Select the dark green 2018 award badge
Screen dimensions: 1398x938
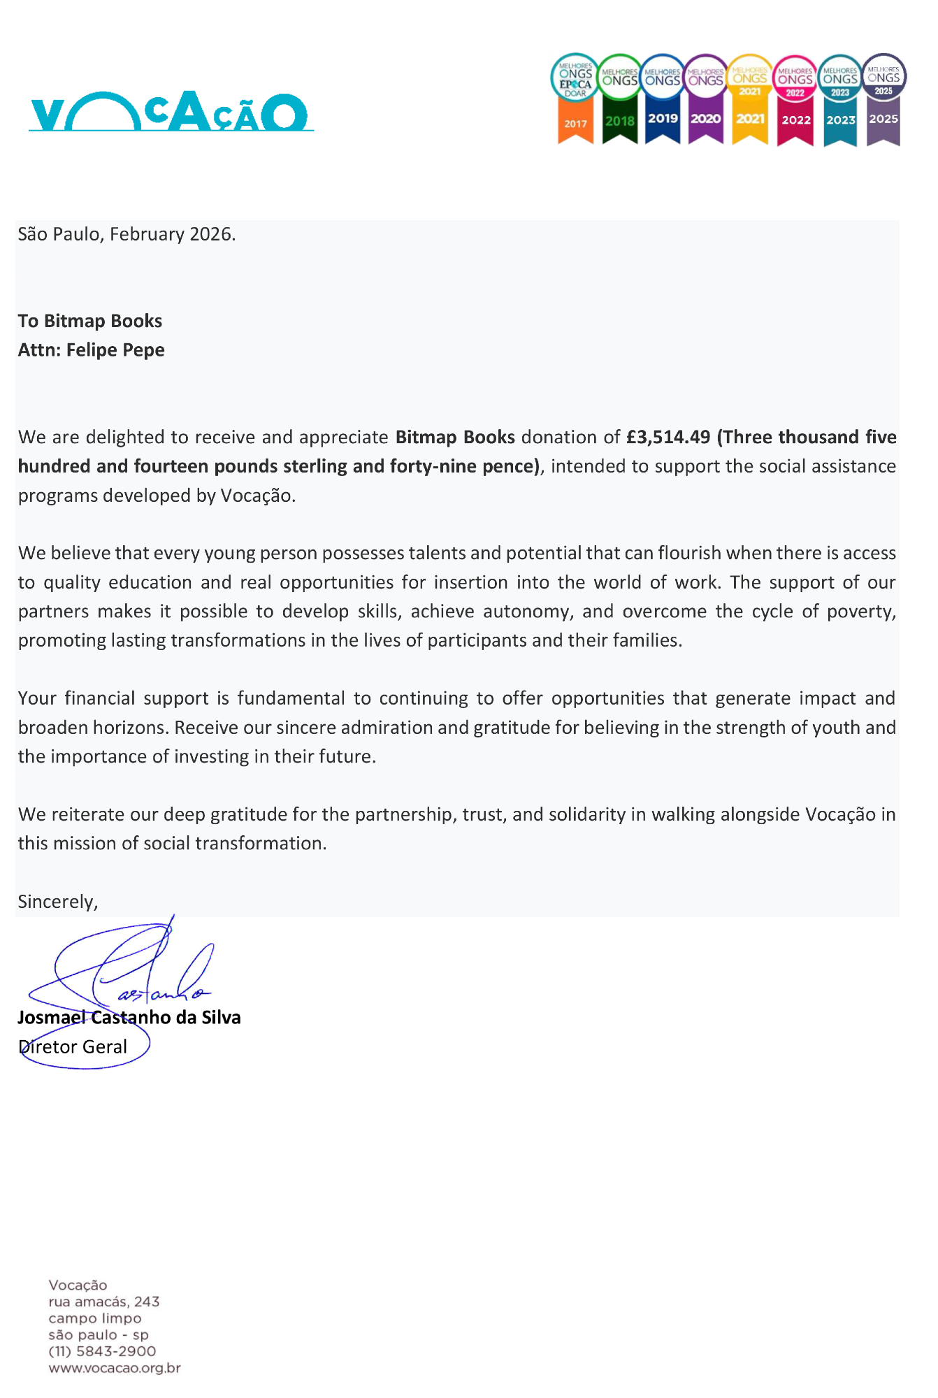click(x=619, y=100)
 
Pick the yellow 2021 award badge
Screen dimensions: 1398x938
click(x=750, y=100)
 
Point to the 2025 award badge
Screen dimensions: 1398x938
click(x=883, y=100)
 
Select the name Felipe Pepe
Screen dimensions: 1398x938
click(x=115, y=350)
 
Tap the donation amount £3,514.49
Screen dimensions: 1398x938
click(x=668, y=438)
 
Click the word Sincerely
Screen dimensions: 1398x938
click(x=57, y=902)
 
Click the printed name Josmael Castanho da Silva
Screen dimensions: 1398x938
click(x=129, y=1018)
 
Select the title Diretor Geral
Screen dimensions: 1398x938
click(x=73, y=1047)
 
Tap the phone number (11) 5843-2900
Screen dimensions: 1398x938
click(x=102, y=1351)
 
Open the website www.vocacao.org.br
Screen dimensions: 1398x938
click(x=115, y=1368)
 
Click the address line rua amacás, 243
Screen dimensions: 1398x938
click(x=104, y=1302)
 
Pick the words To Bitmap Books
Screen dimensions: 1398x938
click(x=90, y=322)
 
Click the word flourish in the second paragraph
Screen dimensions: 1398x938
click(x=689, y=554)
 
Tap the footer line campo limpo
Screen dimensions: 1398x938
click(x=95, y=1318)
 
